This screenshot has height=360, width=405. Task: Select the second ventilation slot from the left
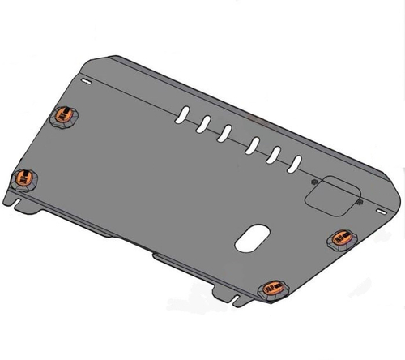click(x=206, y=122)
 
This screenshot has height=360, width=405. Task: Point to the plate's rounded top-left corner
click(x=113, y=58)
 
